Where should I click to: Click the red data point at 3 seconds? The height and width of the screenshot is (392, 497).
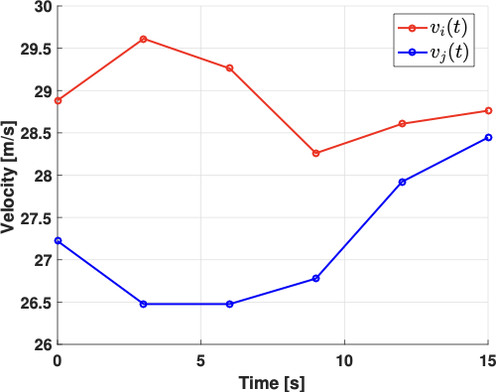[x=144, y=39]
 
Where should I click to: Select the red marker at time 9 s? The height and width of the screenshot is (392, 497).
[x=316, y=153]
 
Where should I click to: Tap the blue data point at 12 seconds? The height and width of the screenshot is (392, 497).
[x=403, y=182]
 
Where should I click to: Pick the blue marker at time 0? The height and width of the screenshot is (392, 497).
[x=58, y=240]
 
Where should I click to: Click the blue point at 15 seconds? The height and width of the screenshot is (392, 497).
[x=488, y=137]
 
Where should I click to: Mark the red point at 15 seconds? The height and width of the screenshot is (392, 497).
[x=488, y=110]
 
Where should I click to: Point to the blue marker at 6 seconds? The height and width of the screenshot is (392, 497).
[x=230, y=304]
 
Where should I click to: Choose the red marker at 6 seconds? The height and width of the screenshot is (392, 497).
[x=230, y=67]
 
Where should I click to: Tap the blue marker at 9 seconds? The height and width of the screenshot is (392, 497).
[x=316, y=278]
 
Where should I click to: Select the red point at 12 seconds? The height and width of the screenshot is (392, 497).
[x=403, y=123]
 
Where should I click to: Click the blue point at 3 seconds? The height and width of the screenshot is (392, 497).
[x=144, y=304]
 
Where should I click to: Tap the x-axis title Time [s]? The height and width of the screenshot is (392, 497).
[x=273, y=382]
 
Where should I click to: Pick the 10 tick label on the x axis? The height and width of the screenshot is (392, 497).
[x=344, y=360]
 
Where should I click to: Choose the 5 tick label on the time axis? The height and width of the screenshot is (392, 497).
[x=201, y=360]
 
